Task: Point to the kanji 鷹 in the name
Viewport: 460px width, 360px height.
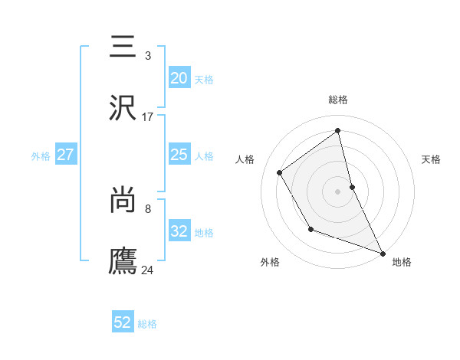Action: tap(123, 260)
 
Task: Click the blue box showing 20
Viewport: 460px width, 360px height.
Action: tap(179, 77)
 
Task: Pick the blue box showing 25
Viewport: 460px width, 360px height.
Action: tap(179, 155)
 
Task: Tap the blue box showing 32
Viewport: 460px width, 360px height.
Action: tap(179, 231)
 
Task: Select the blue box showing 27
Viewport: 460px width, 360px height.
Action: tap(65, 155)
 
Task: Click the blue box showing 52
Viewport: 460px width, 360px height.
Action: tap(123, 322)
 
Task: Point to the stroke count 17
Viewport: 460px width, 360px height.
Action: tap(148, 117)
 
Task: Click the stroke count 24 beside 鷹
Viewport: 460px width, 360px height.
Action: tap(148, 270)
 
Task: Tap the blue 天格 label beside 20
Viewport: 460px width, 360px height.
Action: tap(204, 80)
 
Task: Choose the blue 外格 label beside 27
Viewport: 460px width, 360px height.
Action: tap(41, 156)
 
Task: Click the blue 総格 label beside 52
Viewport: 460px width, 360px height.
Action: tap(147, 324)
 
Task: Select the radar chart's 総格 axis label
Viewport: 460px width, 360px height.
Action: tap(338, 100)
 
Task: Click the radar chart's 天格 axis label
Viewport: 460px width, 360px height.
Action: tap(431, 159)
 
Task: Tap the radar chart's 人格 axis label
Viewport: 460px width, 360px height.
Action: tap(245, 159)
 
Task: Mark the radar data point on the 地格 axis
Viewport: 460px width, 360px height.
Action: tap(383, 254)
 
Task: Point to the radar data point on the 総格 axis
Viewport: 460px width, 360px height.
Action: tap(338, 131)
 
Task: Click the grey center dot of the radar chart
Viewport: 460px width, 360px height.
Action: tap(338, 191)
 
